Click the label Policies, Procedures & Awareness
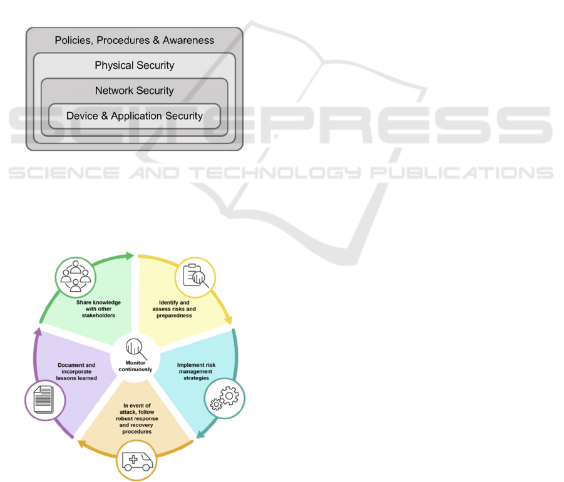[135, 41]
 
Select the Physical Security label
[135, 66]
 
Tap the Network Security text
[135, 91]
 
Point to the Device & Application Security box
[135, 116]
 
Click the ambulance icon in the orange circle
[137, 462]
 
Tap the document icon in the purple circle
[44, 399]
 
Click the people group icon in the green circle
[76, 276]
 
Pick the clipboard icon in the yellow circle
[195, 277]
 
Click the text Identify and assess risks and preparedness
[173, 309]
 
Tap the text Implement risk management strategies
[196, 371]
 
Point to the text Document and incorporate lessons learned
[77, 371]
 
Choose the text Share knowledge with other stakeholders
[99, 309]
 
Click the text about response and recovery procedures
[137, 419]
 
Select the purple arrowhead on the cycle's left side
[36, 332]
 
